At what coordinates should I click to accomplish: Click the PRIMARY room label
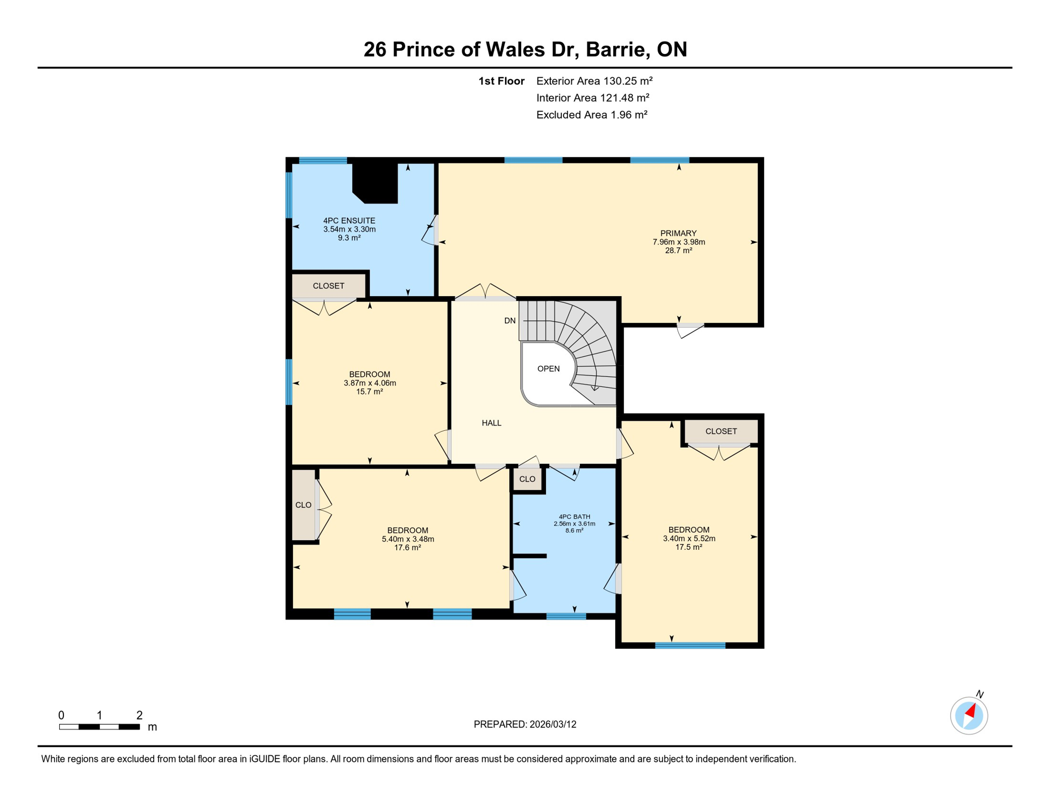pos(678,233)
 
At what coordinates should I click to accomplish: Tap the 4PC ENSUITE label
pos(349,220)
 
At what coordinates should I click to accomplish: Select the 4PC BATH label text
pos(574,516)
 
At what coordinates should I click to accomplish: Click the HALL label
pos(491,423)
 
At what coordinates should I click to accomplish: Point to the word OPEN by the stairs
pos(548,368)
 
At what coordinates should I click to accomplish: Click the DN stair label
pos(510,321)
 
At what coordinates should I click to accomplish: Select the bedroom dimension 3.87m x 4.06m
pos(370,383)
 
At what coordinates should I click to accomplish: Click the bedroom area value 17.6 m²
pos(407,548)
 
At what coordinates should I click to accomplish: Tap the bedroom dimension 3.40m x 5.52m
pos(689,538)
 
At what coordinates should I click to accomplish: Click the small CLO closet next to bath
pos(527,479)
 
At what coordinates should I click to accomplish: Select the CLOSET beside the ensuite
pos(329,286)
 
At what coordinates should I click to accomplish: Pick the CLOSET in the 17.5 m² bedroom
pos(721,431)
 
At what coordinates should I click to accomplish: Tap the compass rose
pos(969,715)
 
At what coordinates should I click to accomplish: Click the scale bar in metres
pos(99,727)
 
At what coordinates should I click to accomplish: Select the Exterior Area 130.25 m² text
pos(594,81)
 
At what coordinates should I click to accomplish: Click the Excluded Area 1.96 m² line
pos(592,115)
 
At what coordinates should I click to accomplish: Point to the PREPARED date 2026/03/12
pos(524,724)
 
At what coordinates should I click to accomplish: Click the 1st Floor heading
pos(501,81)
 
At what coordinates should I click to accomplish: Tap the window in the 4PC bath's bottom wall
pos(566,616)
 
